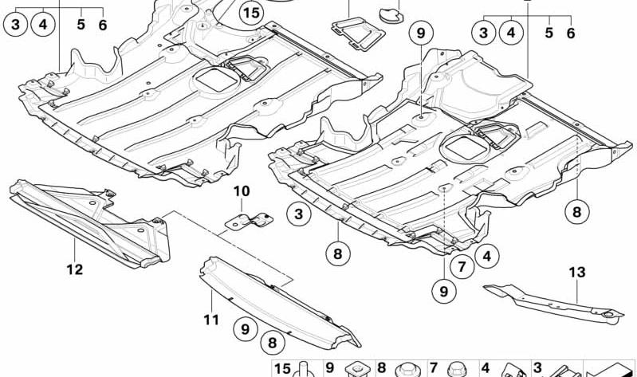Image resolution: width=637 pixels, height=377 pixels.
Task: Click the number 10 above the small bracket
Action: point(242,191)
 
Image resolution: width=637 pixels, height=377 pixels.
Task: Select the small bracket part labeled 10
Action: point(249,221)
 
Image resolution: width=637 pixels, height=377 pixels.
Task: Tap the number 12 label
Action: point(75,269)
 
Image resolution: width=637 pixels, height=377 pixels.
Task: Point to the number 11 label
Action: point(211,320)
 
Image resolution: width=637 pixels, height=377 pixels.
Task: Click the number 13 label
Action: point(577,272)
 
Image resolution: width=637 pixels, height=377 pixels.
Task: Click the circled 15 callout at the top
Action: point(251,13)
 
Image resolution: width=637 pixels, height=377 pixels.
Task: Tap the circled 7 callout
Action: point(462,267)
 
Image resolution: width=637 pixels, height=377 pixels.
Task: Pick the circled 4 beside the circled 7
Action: point(486,256)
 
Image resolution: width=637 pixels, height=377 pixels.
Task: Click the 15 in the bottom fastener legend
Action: point(283,368)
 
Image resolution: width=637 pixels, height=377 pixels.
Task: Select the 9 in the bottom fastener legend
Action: point(329,367)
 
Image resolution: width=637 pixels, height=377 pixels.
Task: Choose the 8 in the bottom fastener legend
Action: point(381,367)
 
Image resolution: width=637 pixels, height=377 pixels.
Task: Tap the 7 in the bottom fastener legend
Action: point(433,367)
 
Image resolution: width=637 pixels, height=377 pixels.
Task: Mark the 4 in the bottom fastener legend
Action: point(486,367)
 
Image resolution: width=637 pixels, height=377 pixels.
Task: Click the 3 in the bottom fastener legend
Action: point(537,367)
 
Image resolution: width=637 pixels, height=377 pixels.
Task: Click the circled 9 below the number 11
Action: point(245,328)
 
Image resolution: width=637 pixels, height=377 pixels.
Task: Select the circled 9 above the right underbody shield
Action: point(421,33)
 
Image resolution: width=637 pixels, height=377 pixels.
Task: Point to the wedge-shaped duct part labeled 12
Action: point(90,223)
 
